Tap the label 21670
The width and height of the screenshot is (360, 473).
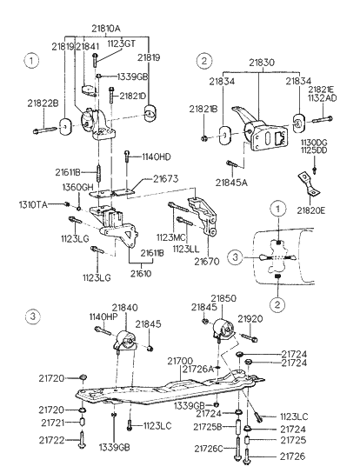(207, 261)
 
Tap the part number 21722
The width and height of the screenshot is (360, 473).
(51, 440)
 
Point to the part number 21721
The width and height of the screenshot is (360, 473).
(51, 424)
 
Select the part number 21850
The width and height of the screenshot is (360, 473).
(223, 298)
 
